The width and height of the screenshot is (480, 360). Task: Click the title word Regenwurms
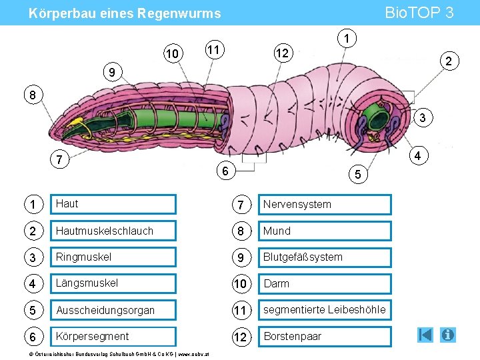click(x=179, y=13)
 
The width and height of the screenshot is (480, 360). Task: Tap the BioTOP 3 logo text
click(x=419, y=13)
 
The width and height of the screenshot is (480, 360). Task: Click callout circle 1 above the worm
click(x=347, y=38)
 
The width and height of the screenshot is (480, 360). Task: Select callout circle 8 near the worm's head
click(x=33, y=95)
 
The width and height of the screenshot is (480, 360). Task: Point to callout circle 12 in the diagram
click(x=283, y=53)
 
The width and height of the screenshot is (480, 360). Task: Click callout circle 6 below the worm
click(x=226, y=170)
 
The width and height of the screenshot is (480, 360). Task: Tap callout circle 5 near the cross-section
click(x=358, y=174)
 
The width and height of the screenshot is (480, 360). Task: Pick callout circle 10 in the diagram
click(x=173, y=53)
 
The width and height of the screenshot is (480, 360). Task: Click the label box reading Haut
click(x=113, y=204)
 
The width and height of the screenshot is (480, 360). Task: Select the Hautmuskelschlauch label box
click(x=113, y=231)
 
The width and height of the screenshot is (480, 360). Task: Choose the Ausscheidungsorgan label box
click(x=113, y=310)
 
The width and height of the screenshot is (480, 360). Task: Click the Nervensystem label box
click(x=325, y=204)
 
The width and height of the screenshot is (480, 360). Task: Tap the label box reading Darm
click(x=325, y=284)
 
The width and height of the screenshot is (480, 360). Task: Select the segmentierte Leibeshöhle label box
click(x=325, y=310)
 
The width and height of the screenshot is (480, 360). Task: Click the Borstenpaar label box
click(x=325, y=337)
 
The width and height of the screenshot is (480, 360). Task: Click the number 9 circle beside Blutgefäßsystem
click(x=241, y=257)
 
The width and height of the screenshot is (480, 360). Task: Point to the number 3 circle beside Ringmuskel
click(x=33, y=257)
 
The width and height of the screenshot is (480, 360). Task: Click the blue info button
click(x=447, y=335)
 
